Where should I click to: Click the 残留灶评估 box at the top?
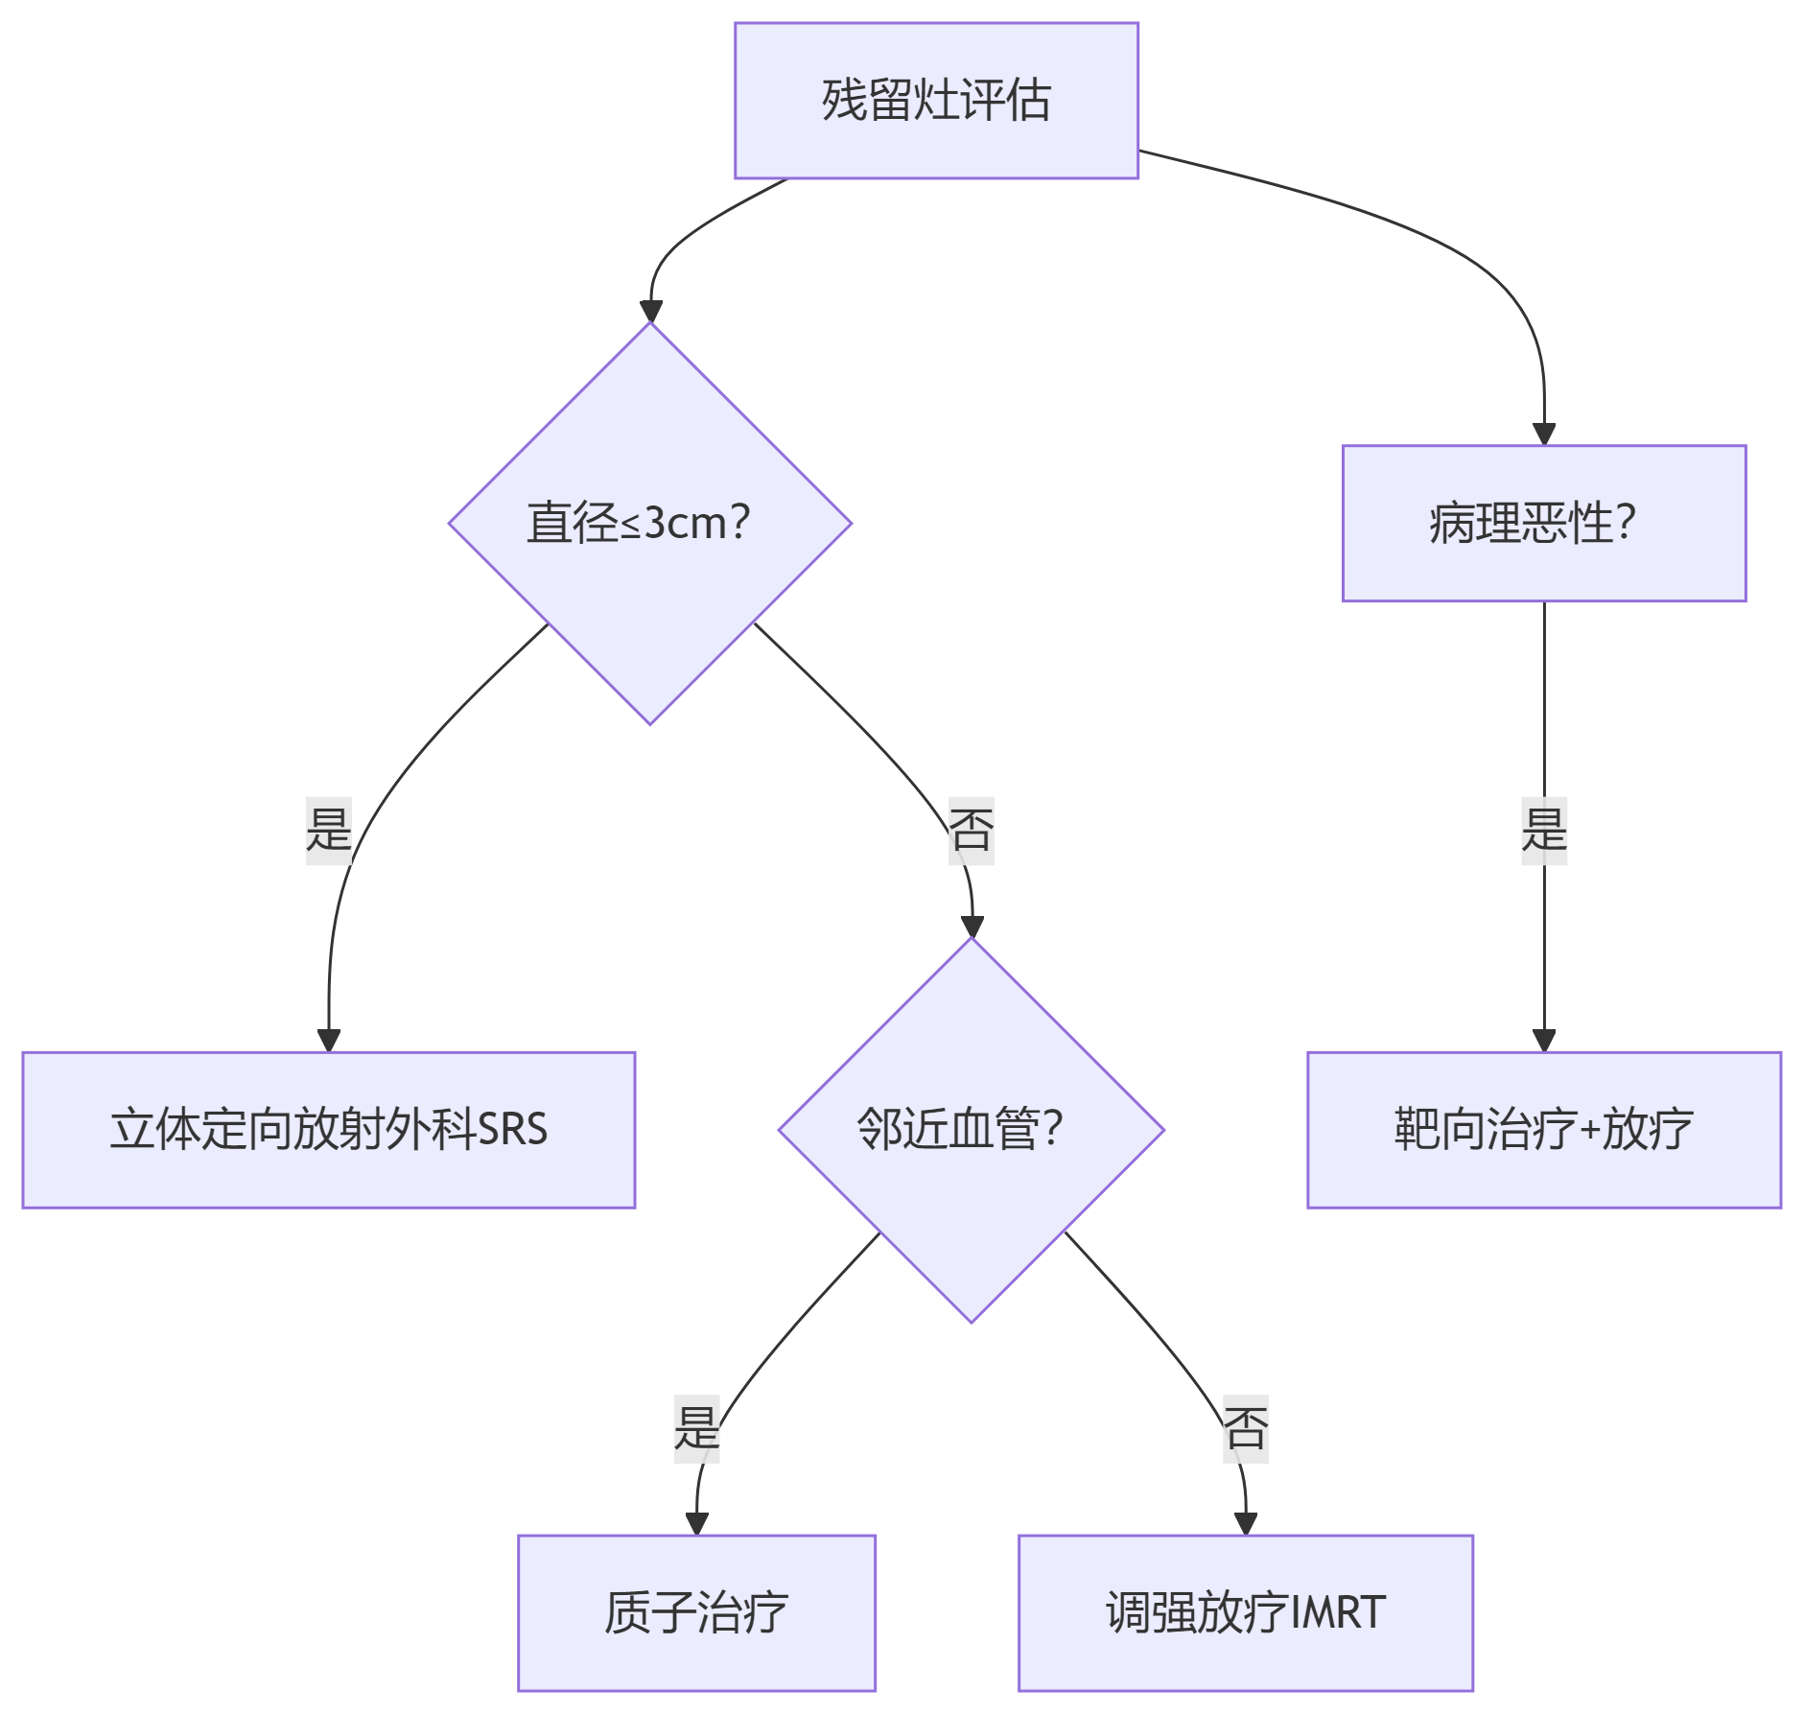tap(936, 101)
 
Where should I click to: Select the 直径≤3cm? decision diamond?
tap(649, 523)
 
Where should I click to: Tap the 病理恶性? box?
tap(1543, 523)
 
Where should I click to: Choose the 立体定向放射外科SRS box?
tap(328, 1129)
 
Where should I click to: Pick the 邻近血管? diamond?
tap(971, 1129)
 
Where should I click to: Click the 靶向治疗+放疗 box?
tap(1543, 1129)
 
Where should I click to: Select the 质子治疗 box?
tap(696, 1612)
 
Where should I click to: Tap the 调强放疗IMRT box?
tap(1245, 1612)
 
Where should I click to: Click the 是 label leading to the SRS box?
tap(328, 830)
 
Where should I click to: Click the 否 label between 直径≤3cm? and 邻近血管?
tap(971, 830)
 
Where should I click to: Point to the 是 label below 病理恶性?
tap(1543, 830)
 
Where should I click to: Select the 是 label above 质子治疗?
tap(696, 1428)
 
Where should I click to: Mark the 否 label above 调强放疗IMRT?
tap(1245, 1428)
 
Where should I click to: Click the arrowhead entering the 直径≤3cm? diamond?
tap(651, 312)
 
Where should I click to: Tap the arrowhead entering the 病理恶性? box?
tap(1543, 434)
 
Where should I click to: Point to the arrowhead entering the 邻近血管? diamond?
tap(972, 927)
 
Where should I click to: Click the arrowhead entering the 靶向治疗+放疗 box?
tap(1543, 1041)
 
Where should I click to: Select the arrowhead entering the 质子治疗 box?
tap(696, 1524)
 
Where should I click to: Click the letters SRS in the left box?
tap(512, 1129)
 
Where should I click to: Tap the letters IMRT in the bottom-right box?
tap(1338, 1612)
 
